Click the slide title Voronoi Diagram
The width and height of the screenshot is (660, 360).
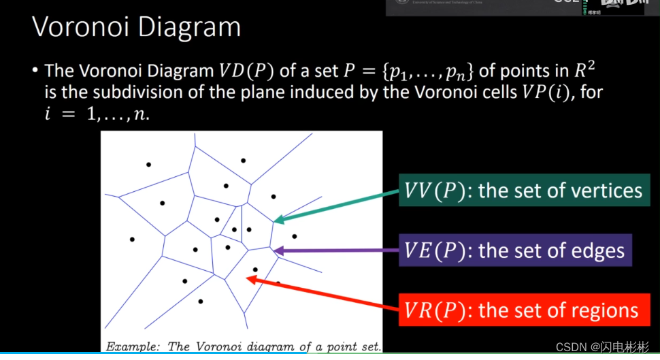137,28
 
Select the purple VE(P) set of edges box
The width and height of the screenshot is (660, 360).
514,250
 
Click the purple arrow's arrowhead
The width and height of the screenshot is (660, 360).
277,251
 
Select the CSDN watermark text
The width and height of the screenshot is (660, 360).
601,347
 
